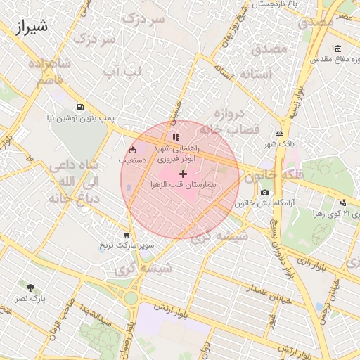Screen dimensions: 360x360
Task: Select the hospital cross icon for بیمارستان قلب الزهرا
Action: [184, 173]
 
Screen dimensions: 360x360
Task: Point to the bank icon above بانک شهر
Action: [280, 132]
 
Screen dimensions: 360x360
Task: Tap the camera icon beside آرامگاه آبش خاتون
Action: [264, 192]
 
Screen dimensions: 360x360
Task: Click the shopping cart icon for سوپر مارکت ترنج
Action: [127, 235]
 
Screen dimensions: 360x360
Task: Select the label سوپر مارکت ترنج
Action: [127, 245]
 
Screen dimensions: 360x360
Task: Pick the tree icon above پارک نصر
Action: [30, 288]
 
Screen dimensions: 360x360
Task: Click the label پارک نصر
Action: [30, 299]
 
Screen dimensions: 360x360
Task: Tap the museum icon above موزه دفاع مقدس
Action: [338, 49]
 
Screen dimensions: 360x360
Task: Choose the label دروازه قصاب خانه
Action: [225, 121]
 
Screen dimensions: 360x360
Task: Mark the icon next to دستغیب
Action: [133, 150]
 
